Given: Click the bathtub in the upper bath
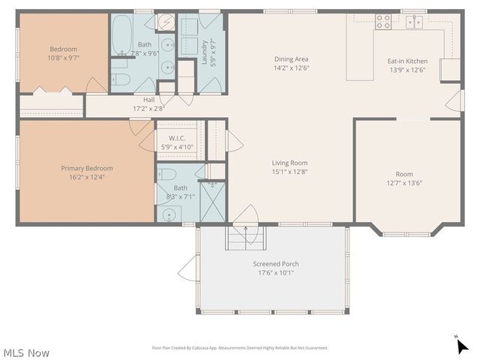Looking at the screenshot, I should [122, 34].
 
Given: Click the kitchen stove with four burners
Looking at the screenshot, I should [383, 21].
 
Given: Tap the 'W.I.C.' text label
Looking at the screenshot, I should [177, 138].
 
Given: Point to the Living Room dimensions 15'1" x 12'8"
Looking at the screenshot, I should [289, 172].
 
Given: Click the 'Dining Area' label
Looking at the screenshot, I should [291, 59].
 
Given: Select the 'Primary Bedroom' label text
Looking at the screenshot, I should [87, 168].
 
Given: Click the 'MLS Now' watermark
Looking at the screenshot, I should [26, 352].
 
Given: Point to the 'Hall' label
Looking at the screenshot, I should [148, 99].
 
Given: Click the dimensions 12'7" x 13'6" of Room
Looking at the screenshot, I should [404, 182].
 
